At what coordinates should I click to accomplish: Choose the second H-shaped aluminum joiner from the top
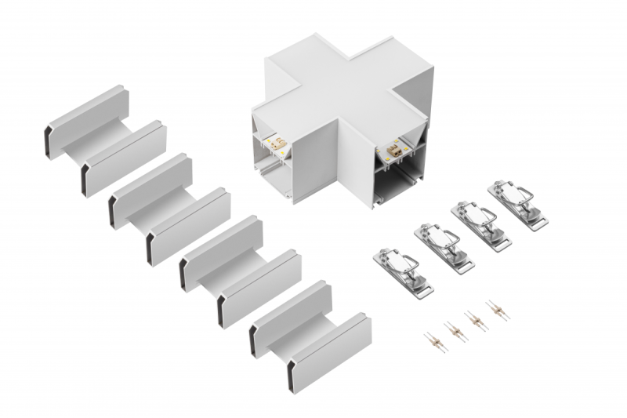coord(169,208)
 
